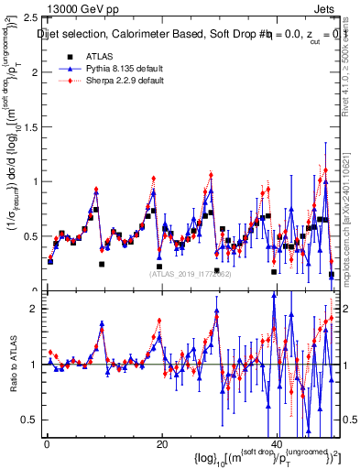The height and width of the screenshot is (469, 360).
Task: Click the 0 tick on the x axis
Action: click(x=46, y=444)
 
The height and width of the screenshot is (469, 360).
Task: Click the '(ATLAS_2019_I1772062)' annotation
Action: click(x=190, y=272)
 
